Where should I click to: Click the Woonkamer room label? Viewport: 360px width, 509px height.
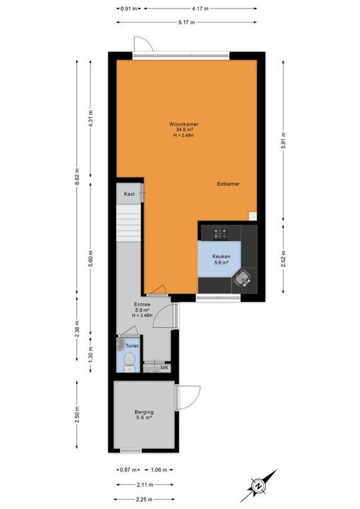188,124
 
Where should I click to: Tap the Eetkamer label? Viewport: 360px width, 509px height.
228,184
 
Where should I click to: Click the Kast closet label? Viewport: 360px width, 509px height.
129,194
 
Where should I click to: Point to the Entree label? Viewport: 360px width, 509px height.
143,305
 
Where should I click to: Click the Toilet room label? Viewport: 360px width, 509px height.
132,346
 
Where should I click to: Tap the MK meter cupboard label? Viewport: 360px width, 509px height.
163,368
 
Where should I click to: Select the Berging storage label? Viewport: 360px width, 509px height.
144,412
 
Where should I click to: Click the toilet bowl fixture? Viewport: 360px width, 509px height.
129,362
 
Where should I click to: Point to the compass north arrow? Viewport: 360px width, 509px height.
260,486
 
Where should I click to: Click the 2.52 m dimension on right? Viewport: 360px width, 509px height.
284,259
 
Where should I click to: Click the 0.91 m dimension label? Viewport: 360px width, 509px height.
127,8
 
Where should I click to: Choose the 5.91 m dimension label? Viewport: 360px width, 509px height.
284,139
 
